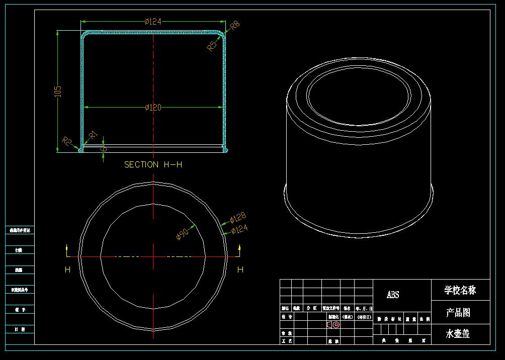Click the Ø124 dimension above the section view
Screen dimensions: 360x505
coord(152,21)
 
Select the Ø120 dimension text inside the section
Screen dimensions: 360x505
coord(153,108)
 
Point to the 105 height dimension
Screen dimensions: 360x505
coord(57,91)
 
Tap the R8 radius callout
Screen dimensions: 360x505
coord(235,25)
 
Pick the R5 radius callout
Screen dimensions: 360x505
coord(213,46)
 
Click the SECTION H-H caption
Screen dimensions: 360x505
coord(153,164)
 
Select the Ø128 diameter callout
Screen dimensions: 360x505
coord(237,218)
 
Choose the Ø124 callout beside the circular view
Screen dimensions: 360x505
coord(239,230)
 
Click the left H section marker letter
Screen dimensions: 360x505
coord(67,270)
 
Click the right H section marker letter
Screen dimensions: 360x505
coord(240,270)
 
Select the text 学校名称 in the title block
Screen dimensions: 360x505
coord(460,290)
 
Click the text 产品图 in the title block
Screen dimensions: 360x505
coord(458,313)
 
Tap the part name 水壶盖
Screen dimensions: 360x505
coord(458,333)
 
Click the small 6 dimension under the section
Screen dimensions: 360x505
coord(105,149)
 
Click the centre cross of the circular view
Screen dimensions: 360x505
coord(153,257)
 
